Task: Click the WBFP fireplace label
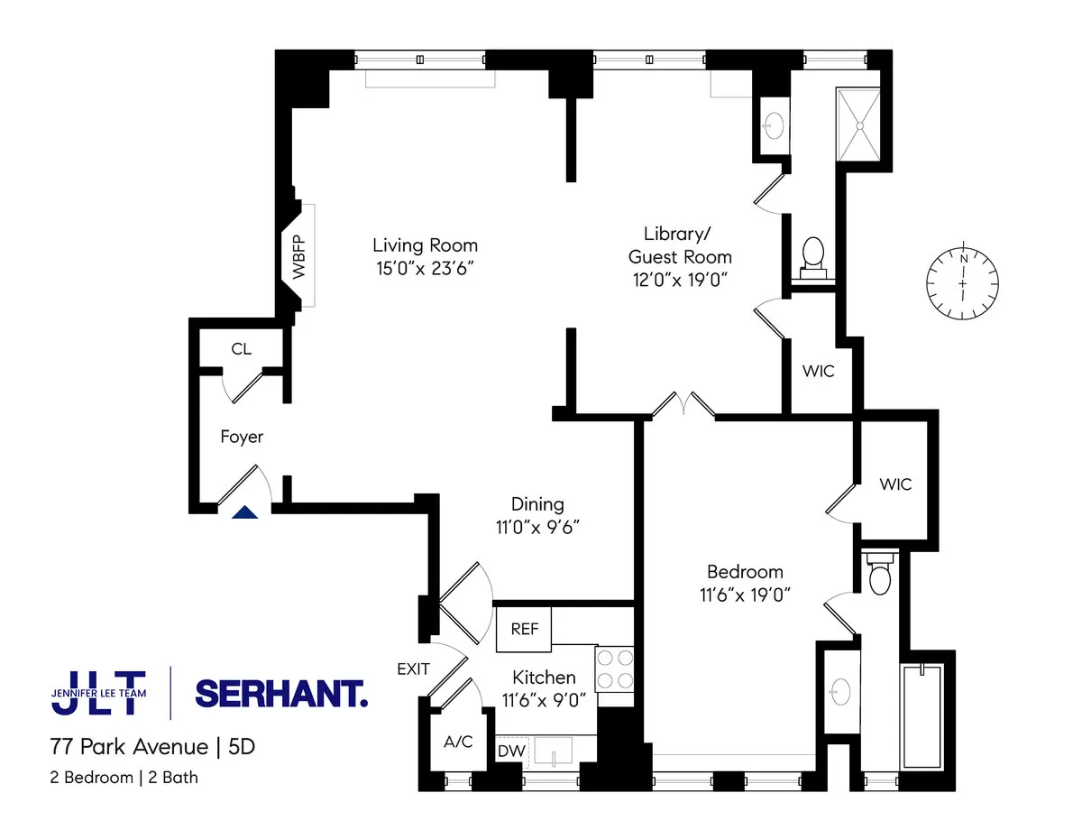(x=298, y=255)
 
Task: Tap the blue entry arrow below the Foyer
(x=245, y=512)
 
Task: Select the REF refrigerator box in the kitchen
(x=524, y=629)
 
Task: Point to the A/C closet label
(x=458, y=742)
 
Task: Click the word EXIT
(x=413, y=668)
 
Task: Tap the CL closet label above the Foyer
(x=241, y=349)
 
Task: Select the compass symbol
(x=964, y=282)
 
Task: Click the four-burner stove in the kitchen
(x=616, y=669)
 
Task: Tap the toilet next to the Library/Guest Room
(x=813, y=254)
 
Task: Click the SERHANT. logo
(x=281, y=693)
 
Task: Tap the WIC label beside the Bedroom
(x=895, y=484)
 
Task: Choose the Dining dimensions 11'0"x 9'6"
(x=538, y=527)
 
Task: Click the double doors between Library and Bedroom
(x=683, y=406)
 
